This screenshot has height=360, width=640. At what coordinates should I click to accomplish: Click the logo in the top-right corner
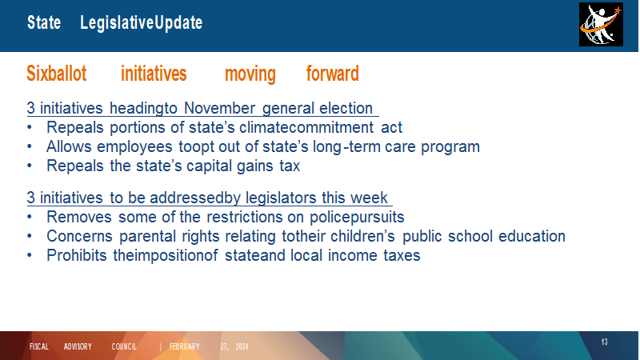(601, 25)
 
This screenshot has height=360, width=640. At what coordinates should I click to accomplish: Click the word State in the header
(44, 22)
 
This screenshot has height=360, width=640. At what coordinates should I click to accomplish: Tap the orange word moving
(250, 74)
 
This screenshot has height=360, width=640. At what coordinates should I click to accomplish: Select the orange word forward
(333, 74)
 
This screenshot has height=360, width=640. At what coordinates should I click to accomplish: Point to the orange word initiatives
(154, 74)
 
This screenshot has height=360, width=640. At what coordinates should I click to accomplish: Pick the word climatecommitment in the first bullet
(306, 127)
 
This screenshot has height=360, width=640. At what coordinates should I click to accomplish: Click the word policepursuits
(357, 217)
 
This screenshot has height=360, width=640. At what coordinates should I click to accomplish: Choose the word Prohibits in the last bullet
(76, 255)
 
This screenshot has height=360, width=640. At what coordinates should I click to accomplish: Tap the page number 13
(605, 342)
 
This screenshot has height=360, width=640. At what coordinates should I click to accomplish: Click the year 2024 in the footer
(242, 346)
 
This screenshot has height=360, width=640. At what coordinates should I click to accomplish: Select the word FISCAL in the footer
(39, 346)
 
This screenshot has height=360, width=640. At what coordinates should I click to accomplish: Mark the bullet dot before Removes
(30, 217)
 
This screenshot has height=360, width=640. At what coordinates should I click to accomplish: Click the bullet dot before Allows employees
(30, 146)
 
